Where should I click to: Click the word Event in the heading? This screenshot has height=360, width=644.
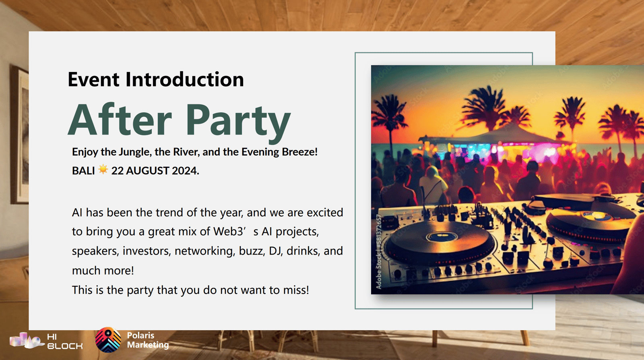93,79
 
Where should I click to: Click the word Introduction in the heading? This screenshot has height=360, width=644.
185,79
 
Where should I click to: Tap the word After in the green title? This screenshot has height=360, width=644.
120,119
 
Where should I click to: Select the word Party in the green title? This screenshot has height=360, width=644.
238,122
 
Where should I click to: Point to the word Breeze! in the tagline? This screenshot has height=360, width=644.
299,151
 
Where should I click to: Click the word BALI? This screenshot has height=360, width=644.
83,171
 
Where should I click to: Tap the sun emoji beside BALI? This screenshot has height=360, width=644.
103,170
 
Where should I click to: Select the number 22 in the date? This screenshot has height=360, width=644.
117,171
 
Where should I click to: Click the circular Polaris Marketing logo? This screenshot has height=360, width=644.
108,340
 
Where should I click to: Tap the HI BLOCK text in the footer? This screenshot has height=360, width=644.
65,341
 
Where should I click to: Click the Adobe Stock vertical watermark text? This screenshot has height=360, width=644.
379,252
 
